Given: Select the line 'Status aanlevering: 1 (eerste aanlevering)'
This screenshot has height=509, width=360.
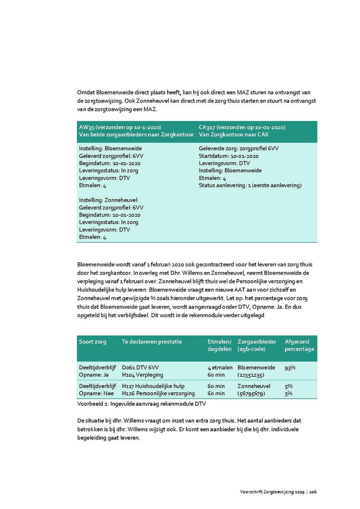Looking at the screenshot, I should [250, 185].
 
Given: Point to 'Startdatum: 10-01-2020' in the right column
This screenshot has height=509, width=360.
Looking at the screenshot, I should [228, 156].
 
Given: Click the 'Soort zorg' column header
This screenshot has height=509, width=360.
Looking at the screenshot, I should [92, 341].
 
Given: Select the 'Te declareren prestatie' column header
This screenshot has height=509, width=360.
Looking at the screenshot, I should [152, 341].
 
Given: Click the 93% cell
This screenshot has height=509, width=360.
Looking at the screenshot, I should [290, 367].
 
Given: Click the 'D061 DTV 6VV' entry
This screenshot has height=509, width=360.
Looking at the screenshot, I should [143, 367].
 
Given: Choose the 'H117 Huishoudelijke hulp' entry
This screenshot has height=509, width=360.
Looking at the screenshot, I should [153, 386].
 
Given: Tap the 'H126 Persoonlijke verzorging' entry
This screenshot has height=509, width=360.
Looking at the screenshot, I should [158, 393].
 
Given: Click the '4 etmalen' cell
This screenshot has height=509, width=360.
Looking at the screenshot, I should [220, 367].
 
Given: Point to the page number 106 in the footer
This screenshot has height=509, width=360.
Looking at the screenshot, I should [313, 492].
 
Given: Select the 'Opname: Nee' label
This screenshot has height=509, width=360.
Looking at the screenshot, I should [94, 393].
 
